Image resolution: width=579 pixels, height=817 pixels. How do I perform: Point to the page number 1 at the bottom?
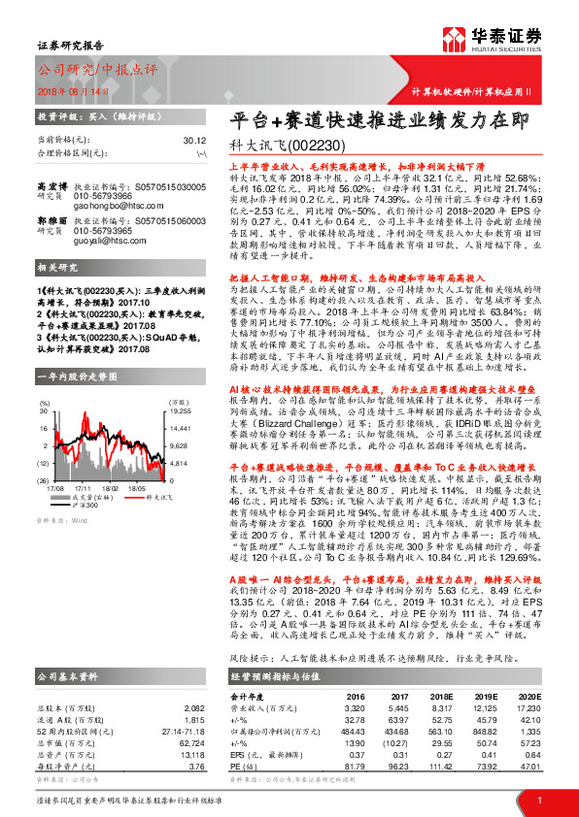pos(539,801)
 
